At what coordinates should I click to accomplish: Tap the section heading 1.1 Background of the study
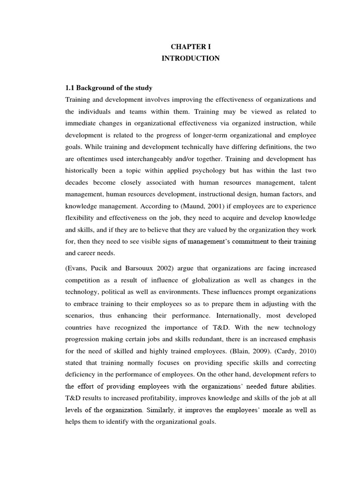[x=109, y=88]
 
